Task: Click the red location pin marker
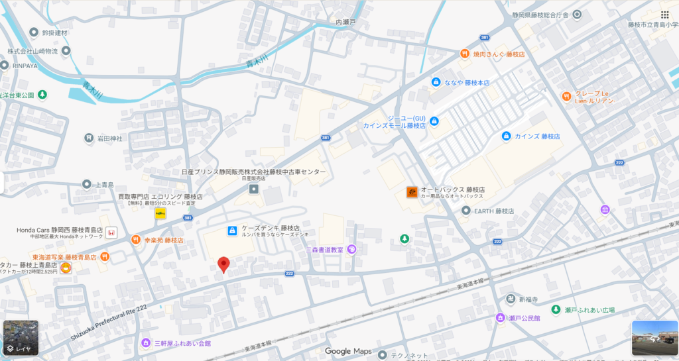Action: (x=223, y=264)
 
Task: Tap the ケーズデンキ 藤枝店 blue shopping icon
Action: (x=232, y=231)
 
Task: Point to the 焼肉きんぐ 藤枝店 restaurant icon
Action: (x=465, y=54)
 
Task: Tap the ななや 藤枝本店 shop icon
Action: (x=436, y=82)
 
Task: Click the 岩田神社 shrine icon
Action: (x=89, y=138)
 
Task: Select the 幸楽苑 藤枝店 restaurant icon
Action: (x=135, y=240)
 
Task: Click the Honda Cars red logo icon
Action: (x=111, y=232)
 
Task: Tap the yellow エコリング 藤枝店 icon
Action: (x=160, y=213)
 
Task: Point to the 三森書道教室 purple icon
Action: (x=352, y=249)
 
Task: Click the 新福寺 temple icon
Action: (x=510, y=299)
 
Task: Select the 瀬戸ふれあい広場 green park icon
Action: (x=556, y=309)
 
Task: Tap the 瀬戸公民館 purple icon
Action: (x=501, y=318)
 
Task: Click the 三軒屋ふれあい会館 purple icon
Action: (x=146, y=342)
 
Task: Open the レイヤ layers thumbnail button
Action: (x=20, y=338)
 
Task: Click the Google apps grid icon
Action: (x=664, y=15)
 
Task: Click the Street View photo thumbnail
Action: (x=654, y=338)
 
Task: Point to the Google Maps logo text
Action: (x=348, y=351)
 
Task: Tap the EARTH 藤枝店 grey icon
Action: (x=465, y=211)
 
